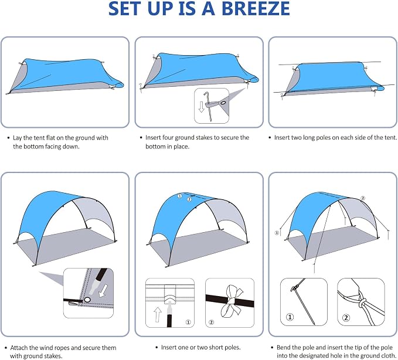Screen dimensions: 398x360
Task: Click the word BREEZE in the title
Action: pos(256,8)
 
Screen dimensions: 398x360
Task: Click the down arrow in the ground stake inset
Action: pos(201,107)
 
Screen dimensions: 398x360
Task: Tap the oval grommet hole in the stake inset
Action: pos(223,103)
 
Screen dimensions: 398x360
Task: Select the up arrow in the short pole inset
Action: pos(158,314)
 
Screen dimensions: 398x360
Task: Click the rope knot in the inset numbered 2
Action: pos(363,303)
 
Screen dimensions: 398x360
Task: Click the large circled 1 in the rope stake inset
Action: pos(290,317)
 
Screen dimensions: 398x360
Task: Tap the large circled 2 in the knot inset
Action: pos(346,318)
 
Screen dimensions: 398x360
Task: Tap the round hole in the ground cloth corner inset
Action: pos(87,300)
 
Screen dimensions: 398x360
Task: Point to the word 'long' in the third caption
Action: pos(309,138)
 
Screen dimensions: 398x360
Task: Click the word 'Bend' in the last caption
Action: pos(283,347)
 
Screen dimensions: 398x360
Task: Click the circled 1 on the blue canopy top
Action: pos(180,196)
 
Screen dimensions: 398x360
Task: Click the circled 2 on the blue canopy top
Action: pos(189,199)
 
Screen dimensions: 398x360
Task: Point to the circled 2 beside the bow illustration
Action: pos(211,322)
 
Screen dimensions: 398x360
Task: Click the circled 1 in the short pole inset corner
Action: pos(188,322)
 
